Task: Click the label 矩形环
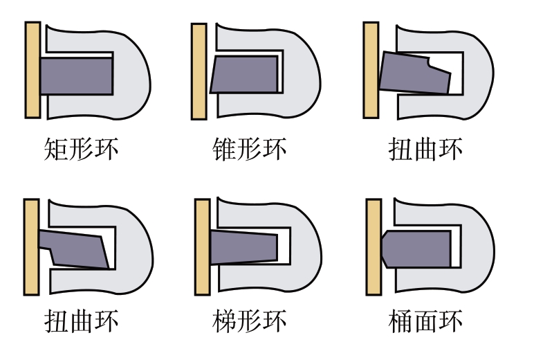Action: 82,149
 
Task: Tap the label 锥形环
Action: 249,149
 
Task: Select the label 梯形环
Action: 249,321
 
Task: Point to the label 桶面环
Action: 425,321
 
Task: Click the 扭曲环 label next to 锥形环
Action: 425,149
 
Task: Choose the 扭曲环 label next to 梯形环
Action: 82,321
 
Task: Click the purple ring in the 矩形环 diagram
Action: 77,76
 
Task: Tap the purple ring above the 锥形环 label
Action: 245,74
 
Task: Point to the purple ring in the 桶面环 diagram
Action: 416,249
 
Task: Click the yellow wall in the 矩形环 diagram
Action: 33,70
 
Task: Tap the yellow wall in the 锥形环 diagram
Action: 199,72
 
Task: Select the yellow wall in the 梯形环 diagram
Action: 202,247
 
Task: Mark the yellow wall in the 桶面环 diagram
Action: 374,247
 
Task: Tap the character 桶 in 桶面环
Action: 401,321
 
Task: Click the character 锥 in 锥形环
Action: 224,149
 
